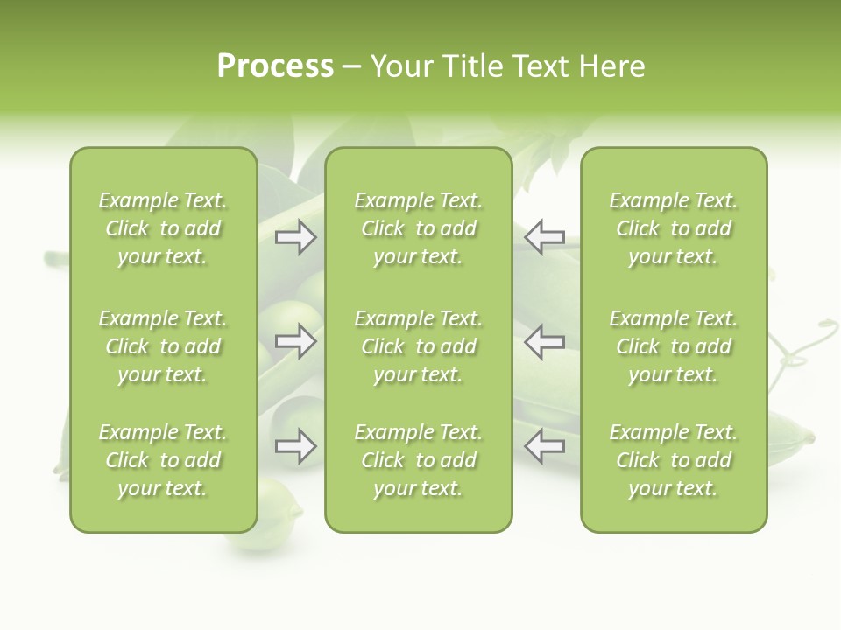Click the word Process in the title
click(275, 66)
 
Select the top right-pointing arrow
click(296, 237)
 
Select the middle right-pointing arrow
click(296, 341)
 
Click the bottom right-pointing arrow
click(296, 446)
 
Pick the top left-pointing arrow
click(545, 237)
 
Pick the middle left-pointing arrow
click(545, 341)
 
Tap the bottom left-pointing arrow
click(545, 446)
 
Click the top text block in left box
click(163, 228)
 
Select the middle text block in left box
click(163, 346)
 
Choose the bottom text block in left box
click(163, 460)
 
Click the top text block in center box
click(418, 228)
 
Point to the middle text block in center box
click(418, 346)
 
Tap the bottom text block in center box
click(418, 460)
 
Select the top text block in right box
click(673, 228)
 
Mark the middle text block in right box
click(673, 346)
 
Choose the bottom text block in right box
click(673, 460)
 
